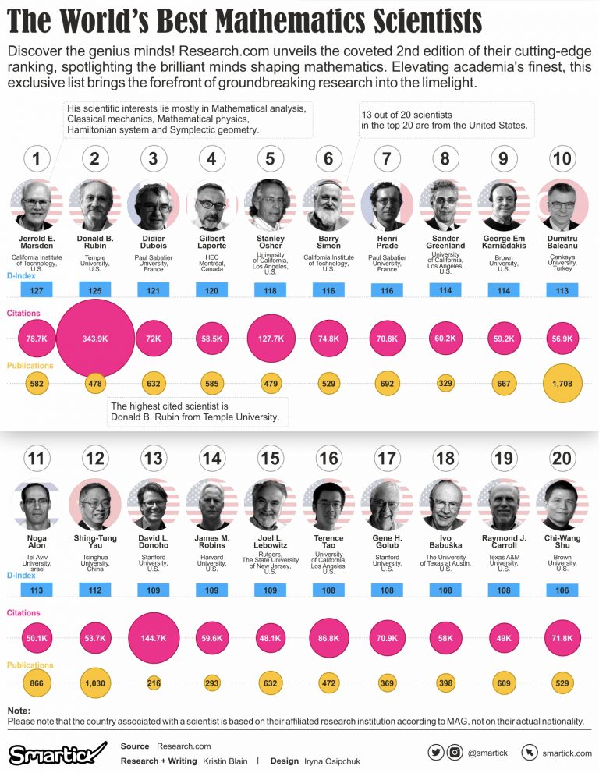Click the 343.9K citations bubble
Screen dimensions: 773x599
point(95,339)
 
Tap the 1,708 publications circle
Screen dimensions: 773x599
point(562,384)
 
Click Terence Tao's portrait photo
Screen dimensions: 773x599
point(328,505)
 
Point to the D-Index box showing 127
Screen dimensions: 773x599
point(37,290)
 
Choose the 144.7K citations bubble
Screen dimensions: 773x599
point(153,637)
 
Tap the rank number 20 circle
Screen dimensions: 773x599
point(562,458)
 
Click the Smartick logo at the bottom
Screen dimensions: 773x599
point(57,753)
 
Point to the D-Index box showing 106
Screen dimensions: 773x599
point(562,590)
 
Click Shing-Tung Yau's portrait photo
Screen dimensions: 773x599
point(95,505)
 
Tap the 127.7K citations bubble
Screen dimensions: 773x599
point(270,339)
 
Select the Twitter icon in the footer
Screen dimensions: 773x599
point(436,752)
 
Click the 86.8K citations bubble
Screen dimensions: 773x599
point(328,637)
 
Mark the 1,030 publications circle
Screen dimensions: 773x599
point(95,683)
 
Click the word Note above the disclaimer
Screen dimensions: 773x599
point(19,711)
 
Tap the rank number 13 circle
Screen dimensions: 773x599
point(153,458)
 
